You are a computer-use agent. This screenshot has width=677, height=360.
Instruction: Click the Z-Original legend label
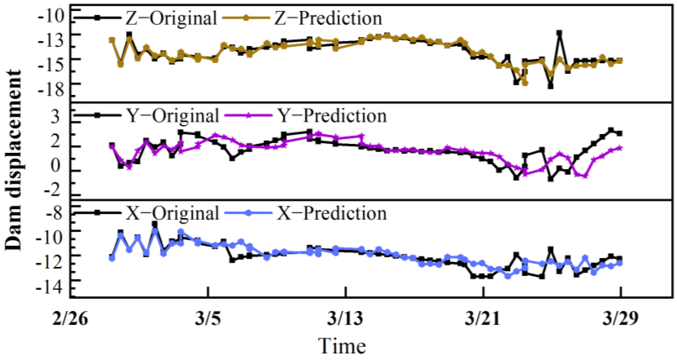pos(171,18)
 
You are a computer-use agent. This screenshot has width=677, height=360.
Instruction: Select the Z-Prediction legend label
pos(328,18)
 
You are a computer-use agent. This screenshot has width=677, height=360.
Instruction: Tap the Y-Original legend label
pos(173,116)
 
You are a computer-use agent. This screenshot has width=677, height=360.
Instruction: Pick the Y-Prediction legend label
pos(332,116)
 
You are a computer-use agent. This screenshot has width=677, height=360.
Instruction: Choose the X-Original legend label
pos(173,213)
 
